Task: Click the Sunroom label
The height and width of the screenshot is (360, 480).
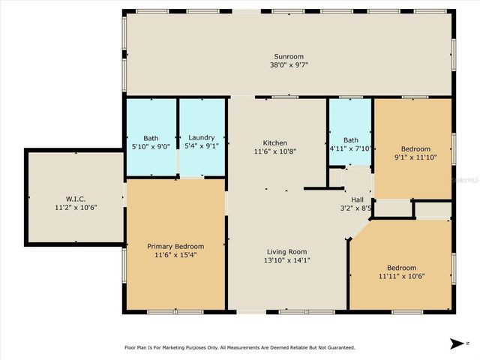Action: click(289, 56)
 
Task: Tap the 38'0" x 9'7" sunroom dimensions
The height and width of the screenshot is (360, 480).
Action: click(289, 65)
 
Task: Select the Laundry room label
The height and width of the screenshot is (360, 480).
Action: click(202, 137)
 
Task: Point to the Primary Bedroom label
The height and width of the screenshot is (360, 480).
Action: click(175, 246)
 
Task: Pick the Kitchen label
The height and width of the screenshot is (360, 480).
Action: click(274, 142)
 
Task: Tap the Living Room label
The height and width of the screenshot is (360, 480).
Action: click(287, 251)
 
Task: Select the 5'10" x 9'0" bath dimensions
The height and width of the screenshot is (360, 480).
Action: click(151, 146)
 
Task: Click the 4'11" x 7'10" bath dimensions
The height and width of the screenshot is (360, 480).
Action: click(350, 148)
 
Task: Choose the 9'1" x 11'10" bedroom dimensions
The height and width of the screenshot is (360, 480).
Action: click(415, 157)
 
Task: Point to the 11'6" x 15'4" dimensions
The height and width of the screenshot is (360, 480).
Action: click(175, 255)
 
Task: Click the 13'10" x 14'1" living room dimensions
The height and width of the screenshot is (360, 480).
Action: click(287, 260)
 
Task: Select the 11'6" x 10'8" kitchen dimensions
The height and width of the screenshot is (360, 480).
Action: click(274, 151)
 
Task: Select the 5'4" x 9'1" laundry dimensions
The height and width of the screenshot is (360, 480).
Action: click(202, 146)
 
